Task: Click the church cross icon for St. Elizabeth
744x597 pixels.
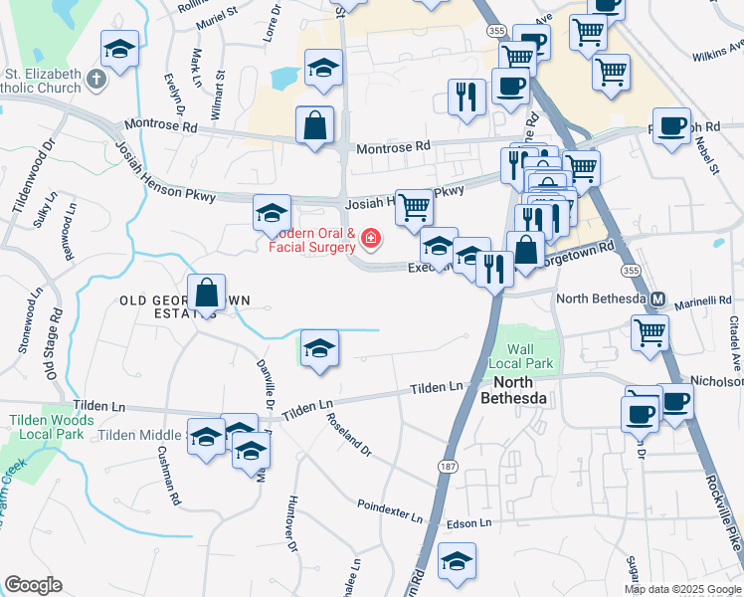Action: pyautogui.click(x=96, y=80)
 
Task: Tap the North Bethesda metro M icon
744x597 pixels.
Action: pyautogui.click(x=656, y=298)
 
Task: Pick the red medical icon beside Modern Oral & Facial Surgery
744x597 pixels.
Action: pyautogui.click(x=370, y=239)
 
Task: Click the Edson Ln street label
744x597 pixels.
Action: pyautogui.click(x=469, y=522)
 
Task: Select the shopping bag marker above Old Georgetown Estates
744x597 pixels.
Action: pyautogui.click(x=206, y=294)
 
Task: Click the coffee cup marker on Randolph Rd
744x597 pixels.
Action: pyautogui.click(x=671, y=126)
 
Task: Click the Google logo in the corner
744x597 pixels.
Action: pyautogui.click(x=33, y=585)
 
